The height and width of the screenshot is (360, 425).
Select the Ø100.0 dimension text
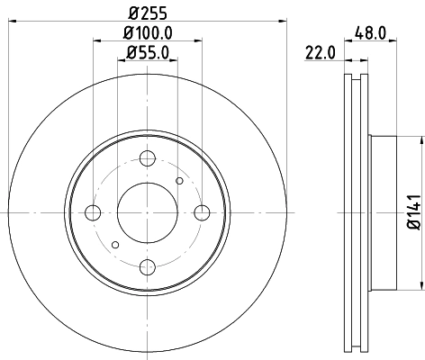coord(146,32)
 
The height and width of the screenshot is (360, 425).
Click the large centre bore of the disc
coord(146,212)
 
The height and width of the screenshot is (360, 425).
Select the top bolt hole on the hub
coord(146,158)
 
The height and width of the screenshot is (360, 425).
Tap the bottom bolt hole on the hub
coord(146,266)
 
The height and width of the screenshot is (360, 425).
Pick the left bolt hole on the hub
coord(93,212)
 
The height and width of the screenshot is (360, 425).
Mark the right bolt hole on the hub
coord(200,212)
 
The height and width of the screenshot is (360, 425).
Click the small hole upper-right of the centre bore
coord(179,182)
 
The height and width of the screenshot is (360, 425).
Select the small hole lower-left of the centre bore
coord(113,243)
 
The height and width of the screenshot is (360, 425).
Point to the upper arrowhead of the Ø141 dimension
coord(420,139)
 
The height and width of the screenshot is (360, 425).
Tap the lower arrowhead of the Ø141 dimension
coord(420,286)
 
